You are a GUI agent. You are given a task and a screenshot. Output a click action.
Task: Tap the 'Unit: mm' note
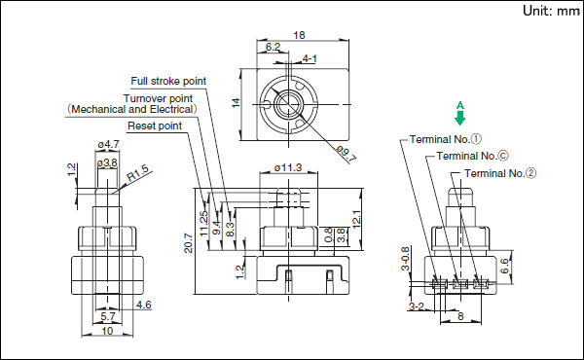click(x=551, y=11)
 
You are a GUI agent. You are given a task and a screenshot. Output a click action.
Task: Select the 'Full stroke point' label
click(x=168, y=81)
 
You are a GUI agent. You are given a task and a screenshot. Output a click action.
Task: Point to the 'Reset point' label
click(x=155, y=126)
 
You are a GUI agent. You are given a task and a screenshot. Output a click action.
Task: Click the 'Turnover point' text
click(x=158, y=98)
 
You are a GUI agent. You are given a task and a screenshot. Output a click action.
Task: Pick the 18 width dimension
click(x=299, y=35)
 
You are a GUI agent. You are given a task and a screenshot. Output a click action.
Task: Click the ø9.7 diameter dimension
click(x=346, y=154)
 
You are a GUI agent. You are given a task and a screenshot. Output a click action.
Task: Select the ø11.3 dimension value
click(x=288, y=168)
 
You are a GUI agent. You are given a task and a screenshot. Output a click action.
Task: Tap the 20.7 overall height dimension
click(x=189, y=243)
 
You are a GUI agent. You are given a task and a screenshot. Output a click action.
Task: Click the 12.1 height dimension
click(x=356, y=220)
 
